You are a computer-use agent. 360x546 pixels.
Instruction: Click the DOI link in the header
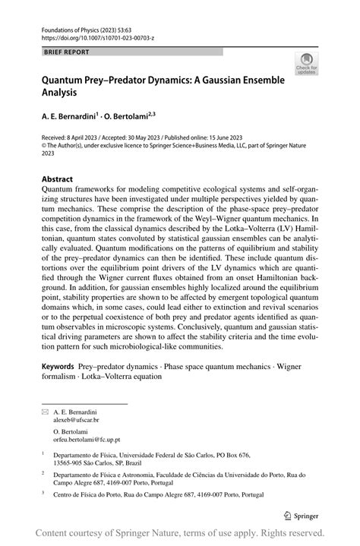91,36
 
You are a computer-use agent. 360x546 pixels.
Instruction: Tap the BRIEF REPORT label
66,52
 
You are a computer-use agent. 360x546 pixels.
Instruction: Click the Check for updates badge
307,64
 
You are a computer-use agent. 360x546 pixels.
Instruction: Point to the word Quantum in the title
67,80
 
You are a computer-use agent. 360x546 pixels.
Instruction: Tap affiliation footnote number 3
43,493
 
